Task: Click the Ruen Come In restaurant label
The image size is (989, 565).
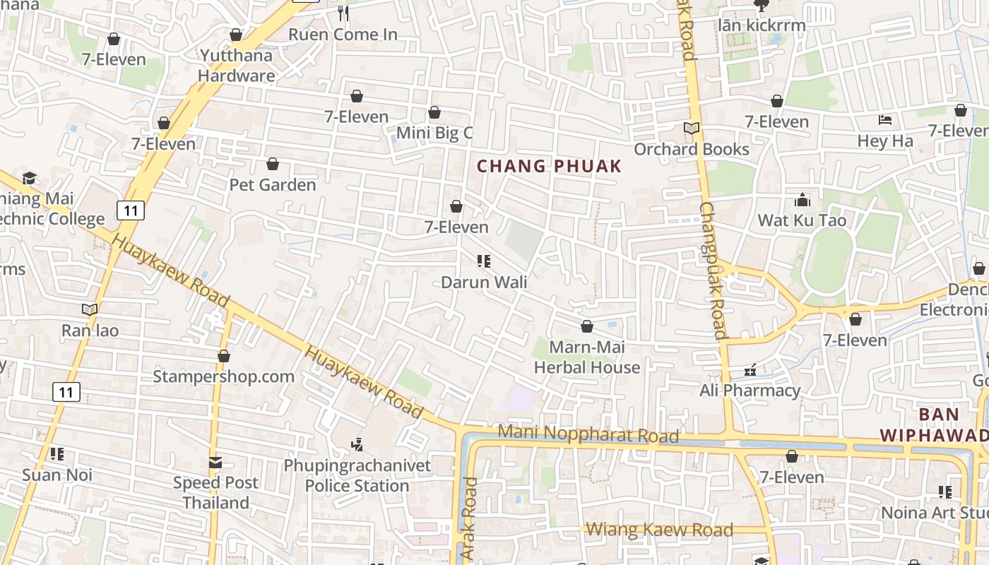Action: tap(343, 34)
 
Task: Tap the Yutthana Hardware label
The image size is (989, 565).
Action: tap(237, 65)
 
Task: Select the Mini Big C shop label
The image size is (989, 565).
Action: tap(434, 133)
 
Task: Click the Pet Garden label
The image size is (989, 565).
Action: tap(273, 185)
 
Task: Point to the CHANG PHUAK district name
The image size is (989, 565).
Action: tap(550, 167)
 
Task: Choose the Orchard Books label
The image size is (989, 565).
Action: tap(692, 149)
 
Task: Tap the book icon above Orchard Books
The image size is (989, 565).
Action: tap(691, 129)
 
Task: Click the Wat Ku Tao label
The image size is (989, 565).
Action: tap(802, 220)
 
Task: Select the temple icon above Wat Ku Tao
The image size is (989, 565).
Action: tap(803, 200)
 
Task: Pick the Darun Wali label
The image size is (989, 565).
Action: tap(484, 282)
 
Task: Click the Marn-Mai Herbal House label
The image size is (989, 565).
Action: tap(587, 357)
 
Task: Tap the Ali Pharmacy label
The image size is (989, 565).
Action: tap(750, 391)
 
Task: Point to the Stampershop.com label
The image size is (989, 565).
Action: tap(224, 376)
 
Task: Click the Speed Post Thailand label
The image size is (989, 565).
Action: tap(215, 493)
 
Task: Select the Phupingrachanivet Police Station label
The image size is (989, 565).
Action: tap(357, 476)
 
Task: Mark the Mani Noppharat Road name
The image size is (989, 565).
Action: tap(588, 434)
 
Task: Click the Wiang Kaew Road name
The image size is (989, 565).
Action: tap(659, 530)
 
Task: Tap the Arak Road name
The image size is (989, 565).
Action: tap(470, 519)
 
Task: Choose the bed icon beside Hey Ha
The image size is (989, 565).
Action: tap(885, 120)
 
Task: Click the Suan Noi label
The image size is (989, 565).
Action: tap(57, 475)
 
